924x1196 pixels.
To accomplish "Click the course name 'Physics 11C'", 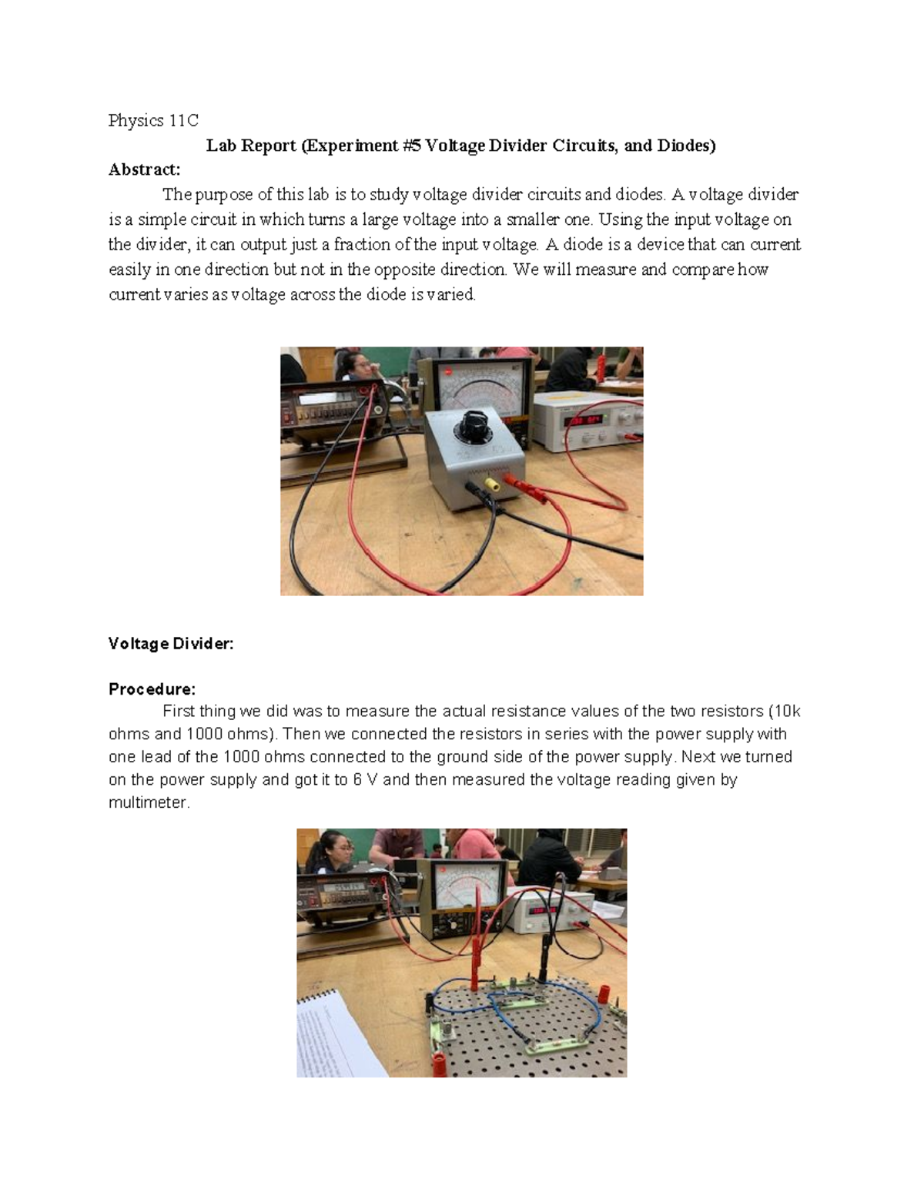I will click(153, 120).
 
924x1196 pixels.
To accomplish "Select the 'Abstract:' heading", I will click(144, 169).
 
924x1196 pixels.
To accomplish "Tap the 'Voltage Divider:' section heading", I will click(171, 643).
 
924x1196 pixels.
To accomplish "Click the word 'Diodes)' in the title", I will click(686, 146).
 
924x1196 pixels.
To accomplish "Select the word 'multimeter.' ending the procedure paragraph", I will click(149, 802).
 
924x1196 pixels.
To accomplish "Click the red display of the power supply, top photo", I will click(583, 421).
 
